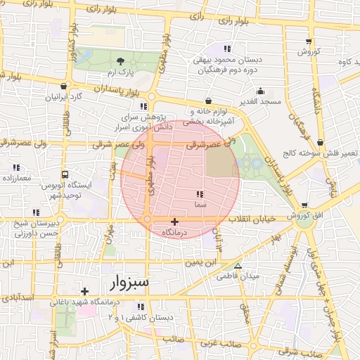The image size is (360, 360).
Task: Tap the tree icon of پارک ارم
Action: pyautogui.click(x=121, y=60)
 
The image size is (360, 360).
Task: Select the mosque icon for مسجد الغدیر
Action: pyautogui.click(x=260, y=91)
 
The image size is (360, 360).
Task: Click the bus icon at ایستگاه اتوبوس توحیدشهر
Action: pyautogui.click(x=65, y=174)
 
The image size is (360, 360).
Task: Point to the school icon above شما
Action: pyautogui.click(x=200, y=193)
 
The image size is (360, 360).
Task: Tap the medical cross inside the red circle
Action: pyautogui.click(x=174, y=221)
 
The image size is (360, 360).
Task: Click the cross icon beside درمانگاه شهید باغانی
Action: pyautogui.click(x=84, y=291)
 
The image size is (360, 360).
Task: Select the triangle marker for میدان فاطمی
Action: pyautogui.click(x=238, y=266)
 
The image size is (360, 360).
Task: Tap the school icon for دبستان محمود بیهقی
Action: pyautogui.click(x=226, y=49)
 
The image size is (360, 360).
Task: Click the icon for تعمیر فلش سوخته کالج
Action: pyautogui.click(x=321, y=142)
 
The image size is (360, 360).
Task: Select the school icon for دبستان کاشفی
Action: pyautogui.click(x=141, y=307)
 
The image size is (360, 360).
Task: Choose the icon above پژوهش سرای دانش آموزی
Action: pyautogui.click(x=145, y=106)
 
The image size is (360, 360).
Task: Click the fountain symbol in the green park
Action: pyautogui.click(x=252, y=162)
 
